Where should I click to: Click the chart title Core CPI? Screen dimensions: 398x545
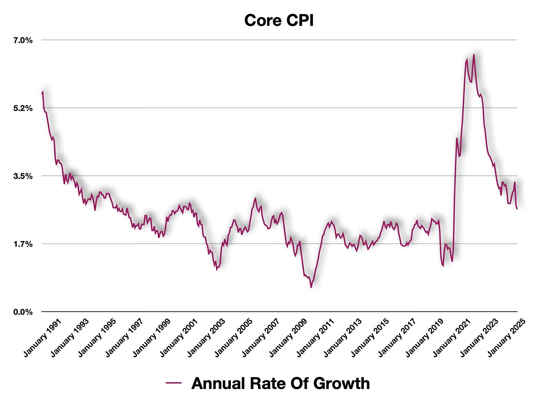[x=279, y=20]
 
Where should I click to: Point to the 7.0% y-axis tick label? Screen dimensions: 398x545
[x=23, y=40]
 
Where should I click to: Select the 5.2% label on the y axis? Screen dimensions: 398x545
[x=23, y=108]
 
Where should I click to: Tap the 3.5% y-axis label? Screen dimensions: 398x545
[x=23, y=176]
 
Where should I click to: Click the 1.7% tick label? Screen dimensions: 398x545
[x=23, y=244]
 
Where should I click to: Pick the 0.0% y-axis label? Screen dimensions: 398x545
[x=23, y=312]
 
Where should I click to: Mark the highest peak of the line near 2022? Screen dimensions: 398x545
[x=474, y=55]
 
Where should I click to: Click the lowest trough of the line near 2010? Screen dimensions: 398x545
[x=311, y=287]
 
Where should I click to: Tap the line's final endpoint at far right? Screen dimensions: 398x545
[x=517, y=209]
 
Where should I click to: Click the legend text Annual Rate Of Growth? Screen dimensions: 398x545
[x=280, y=383]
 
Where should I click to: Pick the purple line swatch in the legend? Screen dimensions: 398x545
[x=173, y=383]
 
